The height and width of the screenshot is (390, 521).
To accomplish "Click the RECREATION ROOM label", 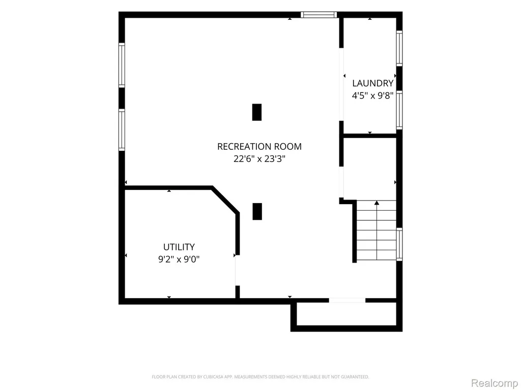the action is (259, 147).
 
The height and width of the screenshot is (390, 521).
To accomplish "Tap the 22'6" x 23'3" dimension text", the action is (259, 159).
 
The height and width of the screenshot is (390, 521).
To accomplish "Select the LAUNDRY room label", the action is (373, 83).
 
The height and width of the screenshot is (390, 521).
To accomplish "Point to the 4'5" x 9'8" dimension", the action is (373, 96).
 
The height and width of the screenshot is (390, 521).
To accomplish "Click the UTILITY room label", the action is (179, 247).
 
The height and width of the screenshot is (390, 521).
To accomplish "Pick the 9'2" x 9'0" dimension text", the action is (179, 259).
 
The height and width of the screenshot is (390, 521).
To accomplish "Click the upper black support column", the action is (257, 112).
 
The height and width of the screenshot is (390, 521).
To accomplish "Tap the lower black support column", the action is (257, 212).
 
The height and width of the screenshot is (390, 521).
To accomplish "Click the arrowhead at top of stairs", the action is (377, 203).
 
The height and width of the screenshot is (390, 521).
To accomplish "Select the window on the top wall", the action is (319, 15).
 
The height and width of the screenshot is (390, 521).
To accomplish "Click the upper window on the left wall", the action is (122, 65).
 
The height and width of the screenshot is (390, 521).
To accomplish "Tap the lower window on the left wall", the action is (122, 130).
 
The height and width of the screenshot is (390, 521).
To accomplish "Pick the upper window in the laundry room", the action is (399, 48).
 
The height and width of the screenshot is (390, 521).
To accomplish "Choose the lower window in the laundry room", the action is (399, 110).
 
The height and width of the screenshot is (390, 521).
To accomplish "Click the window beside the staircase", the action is (399, 244).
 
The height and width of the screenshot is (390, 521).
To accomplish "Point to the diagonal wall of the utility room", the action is (225, 200).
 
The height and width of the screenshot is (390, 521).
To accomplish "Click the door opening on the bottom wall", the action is (347, 301).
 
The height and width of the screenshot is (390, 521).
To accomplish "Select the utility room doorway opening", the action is (237, 271).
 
